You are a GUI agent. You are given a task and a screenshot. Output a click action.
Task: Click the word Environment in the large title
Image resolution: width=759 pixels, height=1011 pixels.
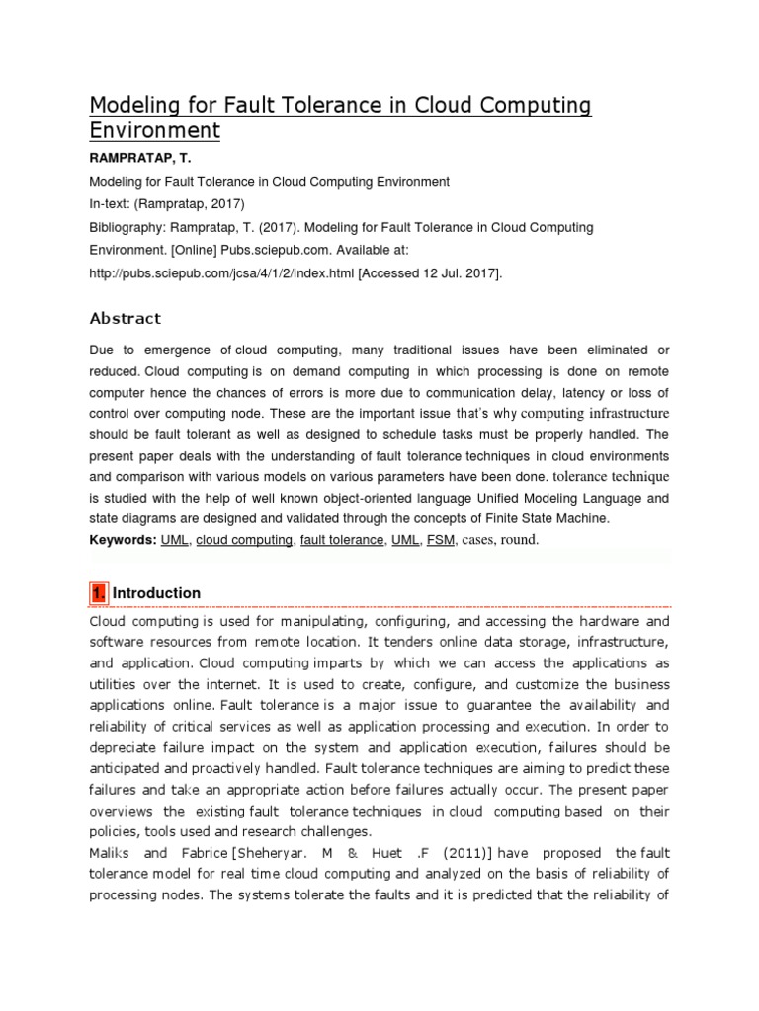155,130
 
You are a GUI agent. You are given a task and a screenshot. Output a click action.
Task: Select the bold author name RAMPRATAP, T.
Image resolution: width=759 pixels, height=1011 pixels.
140,159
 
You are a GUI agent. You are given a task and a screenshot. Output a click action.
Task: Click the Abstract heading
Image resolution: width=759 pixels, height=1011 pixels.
125,318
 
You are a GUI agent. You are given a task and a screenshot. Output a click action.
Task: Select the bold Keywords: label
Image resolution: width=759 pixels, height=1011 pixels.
123,540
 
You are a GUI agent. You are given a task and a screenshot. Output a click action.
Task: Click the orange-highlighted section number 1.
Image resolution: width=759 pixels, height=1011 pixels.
98,593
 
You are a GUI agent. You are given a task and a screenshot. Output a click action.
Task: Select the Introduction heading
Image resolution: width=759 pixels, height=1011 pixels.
157,593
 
